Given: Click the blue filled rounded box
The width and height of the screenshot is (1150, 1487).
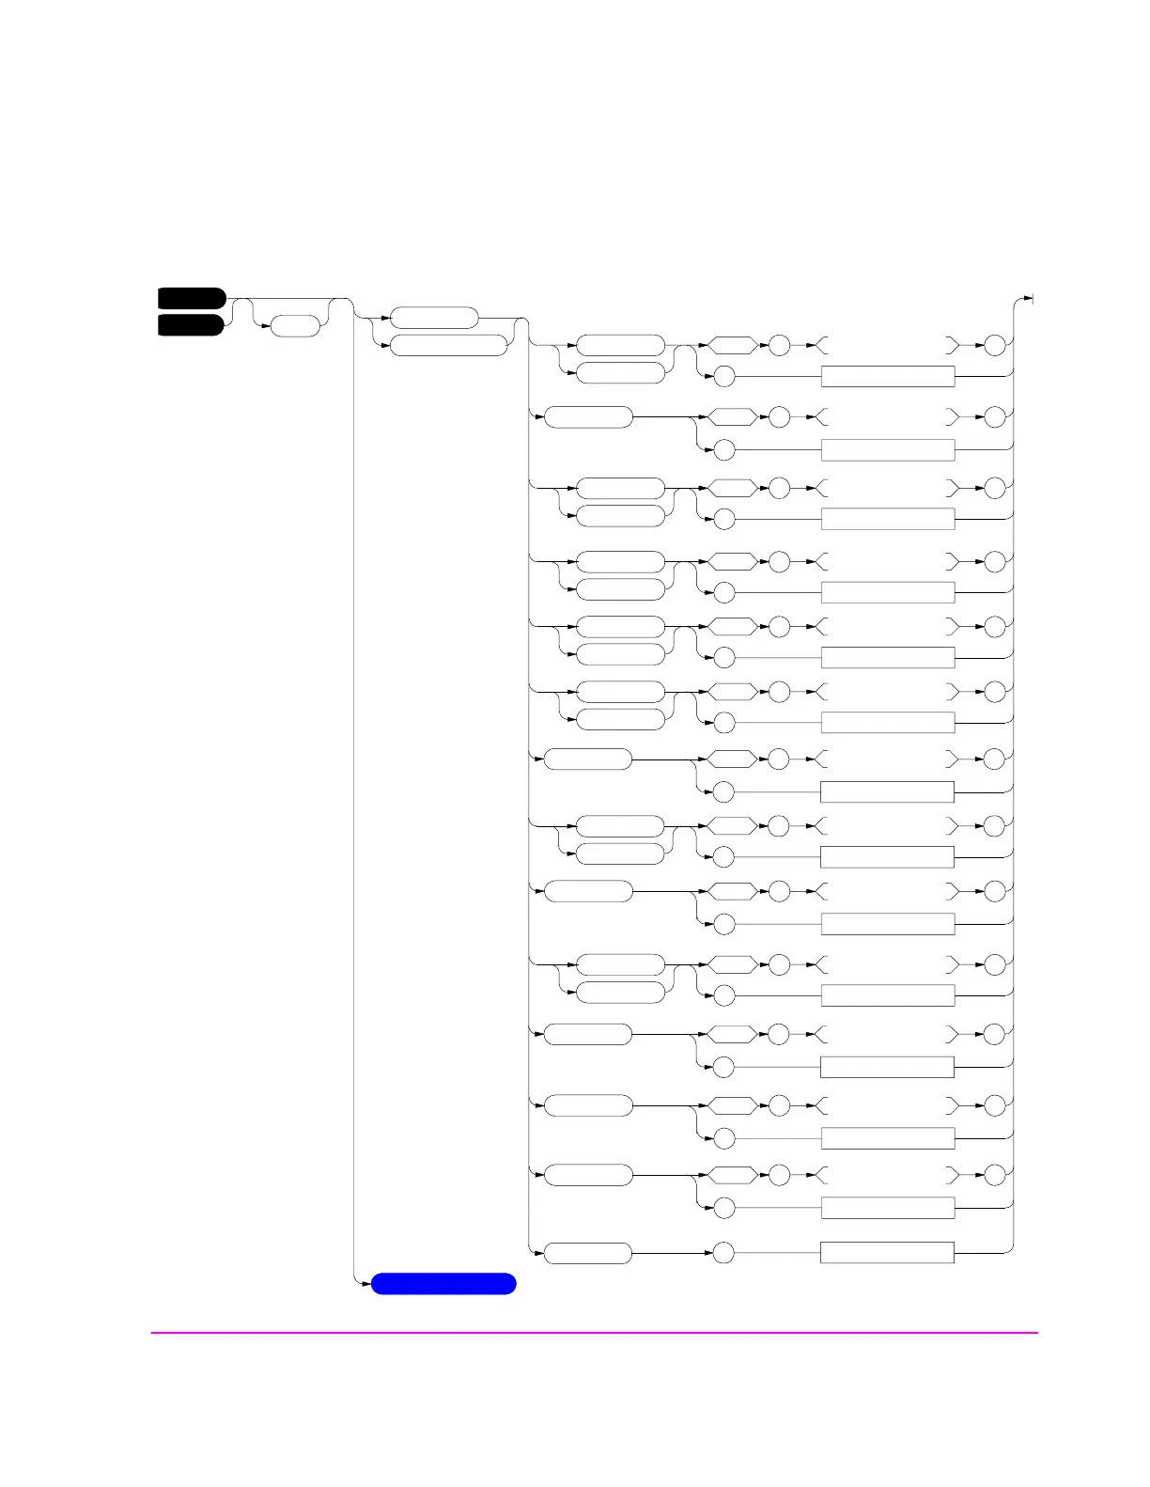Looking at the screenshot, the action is coord(443,1284).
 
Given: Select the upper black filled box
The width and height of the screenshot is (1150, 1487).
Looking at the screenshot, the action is coord(192,298).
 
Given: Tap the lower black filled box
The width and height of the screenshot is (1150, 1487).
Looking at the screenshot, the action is coord(192,325).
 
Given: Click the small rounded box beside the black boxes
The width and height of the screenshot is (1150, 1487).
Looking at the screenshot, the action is coord(295,326).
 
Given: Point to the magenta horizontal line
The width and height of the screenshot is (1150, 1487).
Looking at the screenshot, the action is coord(594,1332).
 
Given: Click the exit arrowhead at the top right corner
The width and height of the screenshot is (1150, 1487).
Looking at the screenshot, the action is coord(1030,300).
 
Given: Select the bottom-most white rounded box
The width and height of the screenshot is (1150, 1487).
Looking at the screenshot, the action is coord(588,1253).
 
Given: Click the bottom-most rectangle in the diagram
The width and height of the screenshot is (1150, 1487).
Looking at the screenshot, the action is coord(887,1253).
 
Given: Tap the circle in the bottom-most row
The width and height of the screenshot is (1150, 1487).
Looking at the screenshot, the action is coord(723,1253).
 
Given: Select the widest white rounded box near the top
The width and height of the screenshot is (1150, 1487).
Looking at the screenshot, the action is coord(449,345).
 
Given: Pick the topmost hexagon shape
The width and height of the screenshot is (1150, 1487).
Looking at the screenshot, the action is coord(732,345).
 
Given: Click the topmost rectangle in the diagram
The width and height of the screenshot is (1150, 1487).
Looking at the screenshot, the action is coord(888,377).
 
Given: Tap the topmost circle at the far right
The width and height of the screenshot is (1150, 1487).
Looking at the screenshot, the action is coord(995,345).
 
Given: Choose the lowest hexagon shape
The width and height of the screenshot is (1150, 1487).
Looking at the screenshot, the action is coord(732,1175).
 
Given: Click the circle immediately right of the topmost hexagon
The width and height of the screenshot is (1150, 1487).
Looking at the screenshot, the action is coord(779,345).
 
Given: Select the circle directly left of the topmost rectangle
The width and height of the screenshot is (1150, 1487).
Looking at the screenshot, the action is coord(723,377).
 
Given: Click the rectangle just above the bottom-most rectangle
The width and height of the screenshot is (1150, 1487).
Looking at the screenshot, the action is coord(888,1208).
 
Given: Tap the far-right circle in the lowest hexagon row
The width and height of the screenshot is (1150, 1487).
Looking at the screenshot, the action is coord(995,1175).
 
